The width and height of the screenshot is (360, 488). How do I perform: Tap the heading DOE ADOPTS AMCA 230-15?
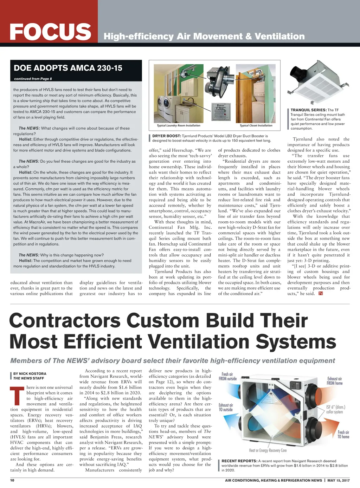pos(68,68)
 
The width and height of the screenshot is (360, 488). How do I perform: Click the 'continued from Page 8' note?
pos(33,79)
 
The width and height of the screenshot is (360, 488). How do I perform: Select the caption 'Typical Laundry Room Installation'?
pos(178,125)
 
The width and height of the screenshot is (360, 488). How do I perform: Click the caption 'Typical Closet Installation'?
pos(256,125)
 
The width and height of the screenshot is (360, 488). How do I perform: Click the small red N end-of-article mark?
pos(320,293)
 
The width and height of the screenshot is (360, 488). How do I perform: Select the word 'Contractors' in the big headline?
pos(65,320)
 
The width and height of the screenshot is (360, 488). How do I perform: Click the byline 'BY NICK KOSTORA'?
pos(30,373)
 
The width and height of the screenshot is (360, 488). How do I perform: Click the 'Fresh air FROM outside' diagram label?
pos(227,376)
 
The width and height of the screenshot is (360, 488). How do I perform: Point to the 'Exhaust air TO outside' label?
pos(226,407)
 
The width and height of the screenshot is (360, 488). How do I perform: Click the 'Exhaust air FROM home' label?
pos(334,381)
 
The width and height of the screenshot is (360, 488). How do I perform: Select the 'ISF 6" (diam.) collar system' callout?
pos(335,409)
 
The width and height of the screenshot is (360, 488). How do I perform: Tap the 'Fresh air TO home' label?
pos(343,434)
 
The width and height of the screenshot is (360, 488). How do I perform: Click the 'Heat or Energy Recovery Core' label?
pos(268,450)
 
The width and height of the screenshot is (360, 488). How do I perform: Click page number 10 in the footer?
pos(12,480)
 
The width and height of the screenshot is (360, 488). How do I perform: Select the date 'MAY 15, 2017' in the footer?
pos(339,480)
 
